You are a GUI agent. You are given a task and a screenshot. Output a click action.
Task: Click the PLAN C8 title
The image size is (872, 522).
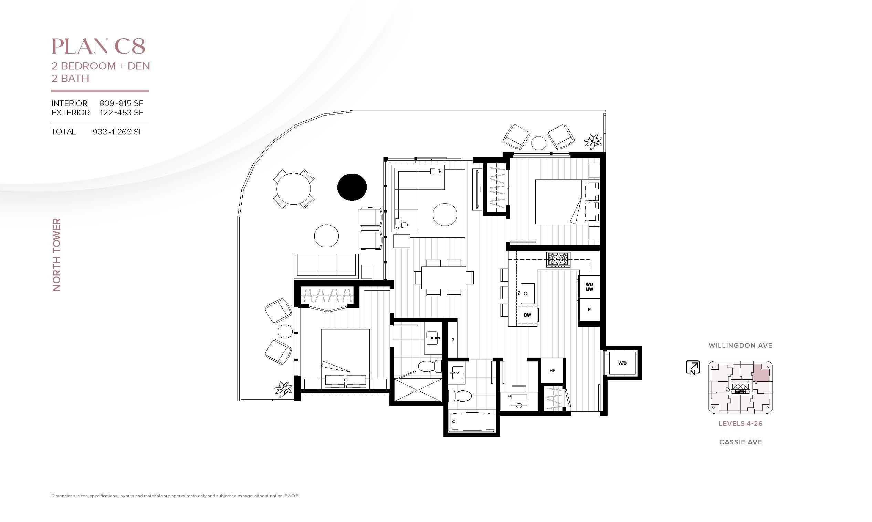click(x=98, y=47)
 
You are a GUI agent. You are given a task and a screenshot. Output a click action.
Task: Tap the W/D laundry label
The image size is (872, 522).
click(x=622, y=363)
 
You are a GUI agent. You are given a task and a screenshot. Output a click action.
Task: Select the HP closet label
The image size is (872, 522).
click(x=552, y=370)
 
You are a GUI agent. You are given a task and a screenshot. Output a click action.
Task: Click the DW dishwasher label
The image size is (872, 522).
click(x=527, y=315)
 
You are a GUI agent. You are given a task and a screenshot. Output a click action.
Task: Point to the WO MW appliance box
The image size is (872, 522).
click(x=589, y=287)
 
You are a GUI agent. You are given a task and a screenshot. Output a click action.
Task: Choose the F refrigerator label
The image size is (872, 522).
click(x=589, y=309)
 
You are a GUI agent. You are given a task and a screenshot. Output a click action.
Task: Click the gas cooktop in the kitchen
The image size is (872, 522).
click(x=558, y=260)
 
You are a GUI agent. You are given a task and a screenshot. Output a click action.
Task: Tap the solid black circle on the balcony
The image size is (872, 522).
click(x=352, y=187)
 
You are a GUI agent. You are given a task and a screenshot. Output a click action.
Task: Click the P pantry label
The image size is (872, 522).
click(x=452, y=340)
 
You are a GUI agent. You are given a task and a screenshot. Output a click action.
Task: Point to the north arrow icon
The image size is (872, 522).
click(x=692, y=368)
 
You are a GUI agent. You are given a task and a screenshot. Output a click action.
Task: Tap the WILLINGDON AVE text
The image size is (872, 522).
click(x=740, y=345)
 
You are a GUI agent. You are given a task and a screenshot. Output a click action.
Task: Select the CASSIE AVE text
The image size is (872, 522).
click(x=740, y=442)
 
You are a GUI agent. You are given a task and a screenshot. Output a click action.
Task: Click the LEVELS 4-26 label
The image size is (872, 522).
click(x=740, y=424)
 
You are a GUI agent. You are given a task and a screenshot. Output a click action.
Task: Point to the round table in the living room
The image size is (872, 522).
click(x=445, y=214)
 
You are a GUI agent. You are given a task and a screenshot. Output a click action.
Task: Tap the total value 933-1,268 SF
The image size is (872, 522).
click(x=118, y=132)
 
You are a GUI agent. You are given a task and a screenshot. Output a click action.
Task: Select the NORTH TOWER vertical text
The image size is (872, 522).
click(x=57, y=255)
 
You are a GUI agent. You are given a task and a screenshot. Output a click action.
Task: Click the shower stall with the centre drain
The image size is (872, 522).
click(x=418, y=390)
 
